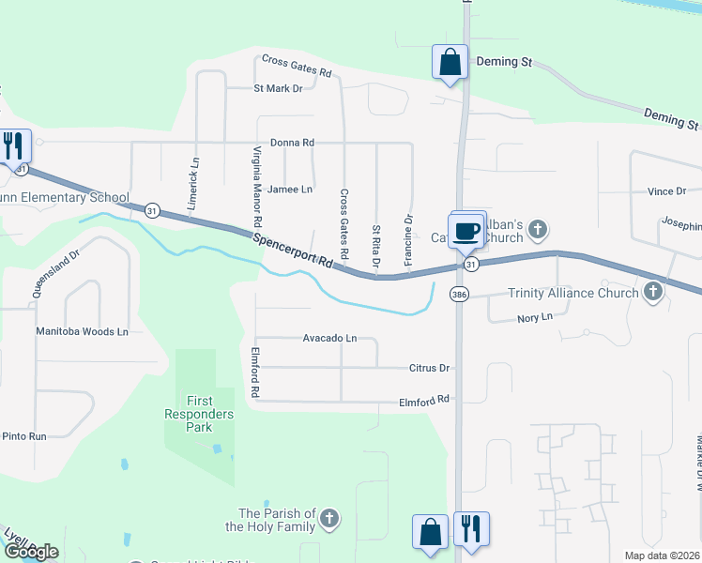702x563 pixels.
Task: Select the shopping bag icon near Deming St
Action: (x=450, y=63)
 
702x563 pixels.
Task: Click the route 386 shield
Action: (x=459, y=294)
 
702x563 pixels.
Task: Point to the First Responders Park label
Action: (x=199, y=414)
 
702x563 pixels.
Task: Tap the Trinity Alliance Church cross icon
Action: (x=653, y=293)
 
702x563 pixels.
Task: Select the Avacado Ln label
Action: (x=329, y=338)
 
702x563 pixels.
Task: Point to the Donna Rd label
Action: (x=291, y=143)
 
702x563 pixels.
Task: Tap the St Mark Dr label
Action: (x=278, y=88)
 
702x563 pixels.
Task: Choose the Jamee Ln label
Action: (x=289, y=189)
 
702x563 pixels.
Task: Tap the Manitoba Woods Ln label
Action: (x=82, y=331)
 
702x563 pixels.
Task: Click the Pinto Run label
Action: (x=23, y=436)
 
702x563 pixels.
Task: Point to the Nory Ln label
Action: (x=536, y=318)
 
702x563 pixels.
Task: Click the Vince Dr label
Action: (x=666, y=191)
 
